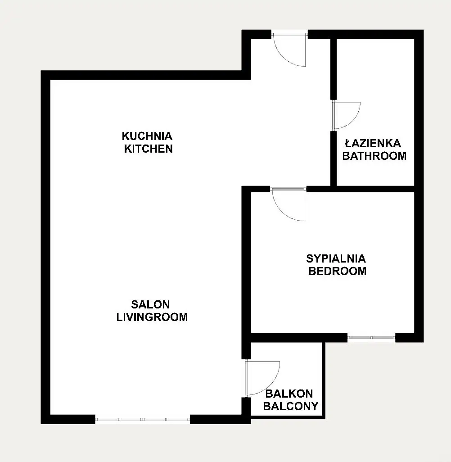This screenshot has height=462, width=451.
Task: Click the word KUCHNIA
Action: [x=147, y=136]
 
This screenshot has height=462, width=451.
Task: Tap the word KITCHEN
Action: [x=148, y=149]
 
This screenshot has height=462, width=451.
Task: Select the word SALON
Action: [x=150, y=304]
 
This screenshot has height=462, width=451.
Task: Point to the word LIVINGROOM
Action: [x=152, y=317]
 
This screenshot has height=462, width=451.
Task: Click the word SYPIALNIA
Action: [x=336, y=259]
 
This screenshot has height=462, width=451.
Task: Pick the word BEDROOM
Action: [x=337, y=271]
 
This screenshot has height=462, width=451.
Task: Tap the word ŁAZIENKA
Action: [x=373, y=144]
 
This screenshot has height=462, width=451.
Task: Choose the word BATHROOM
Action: [x=374, y=156]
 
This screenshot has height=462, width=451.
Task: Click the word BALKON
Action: [x=289, y=394]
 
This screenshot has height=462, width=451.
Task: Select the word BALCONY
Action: [x=291, y=406]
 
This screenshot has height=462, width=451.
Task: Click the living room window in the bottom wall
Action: [x=143, y=419]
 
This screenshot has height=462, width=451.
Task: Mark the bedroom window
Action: [x=371, y=337]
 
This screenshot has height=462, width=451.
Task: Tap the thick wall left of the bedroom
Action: [x=246, y=272]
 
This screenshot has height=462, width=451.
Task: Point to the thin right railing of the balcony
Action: [x=324, y=380]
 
